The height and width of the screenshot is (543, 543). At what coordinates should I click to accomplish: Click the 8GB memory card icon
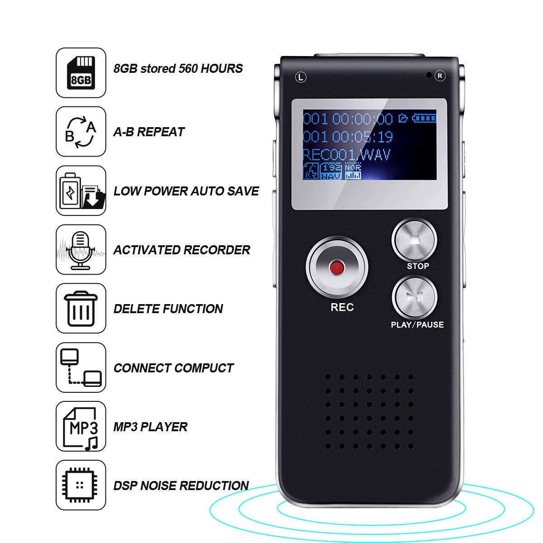pos(81,73)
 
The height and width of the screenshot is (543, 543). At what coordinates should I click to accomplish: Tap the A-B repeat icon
pos(81,132)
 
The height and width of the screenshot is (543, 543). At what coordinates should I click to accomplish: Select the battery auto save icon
pos(81,191)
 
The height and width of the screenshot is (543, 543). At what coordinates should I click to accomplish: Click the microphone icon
pos(81,249)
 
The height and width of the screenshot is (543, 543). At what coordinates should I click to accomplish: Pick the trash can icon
pos(81,309)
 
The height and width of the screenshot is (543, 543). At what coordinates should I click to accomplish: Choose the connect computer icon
pos(81,367)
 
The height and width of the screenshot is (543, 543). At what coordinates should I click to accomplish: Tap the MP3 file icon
pos(81,426)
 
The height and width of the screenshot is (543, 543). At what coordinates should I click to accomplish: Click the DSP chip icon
pos(81,485)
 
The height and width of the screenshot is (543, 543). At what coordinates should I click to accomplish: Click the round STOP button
pos(414,240)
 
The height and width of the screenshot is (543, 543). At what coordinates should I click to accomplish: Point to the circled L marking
pos(301,77)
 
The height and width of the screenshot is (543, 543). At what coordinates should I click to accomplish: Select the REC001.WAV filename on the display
pos(346,155)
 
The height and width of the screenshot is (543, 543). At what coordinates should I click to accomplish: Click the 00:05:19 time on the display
pos(362,137)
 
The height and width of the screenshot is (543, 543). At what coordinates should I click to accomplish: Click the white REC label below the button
pos(342,307)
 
